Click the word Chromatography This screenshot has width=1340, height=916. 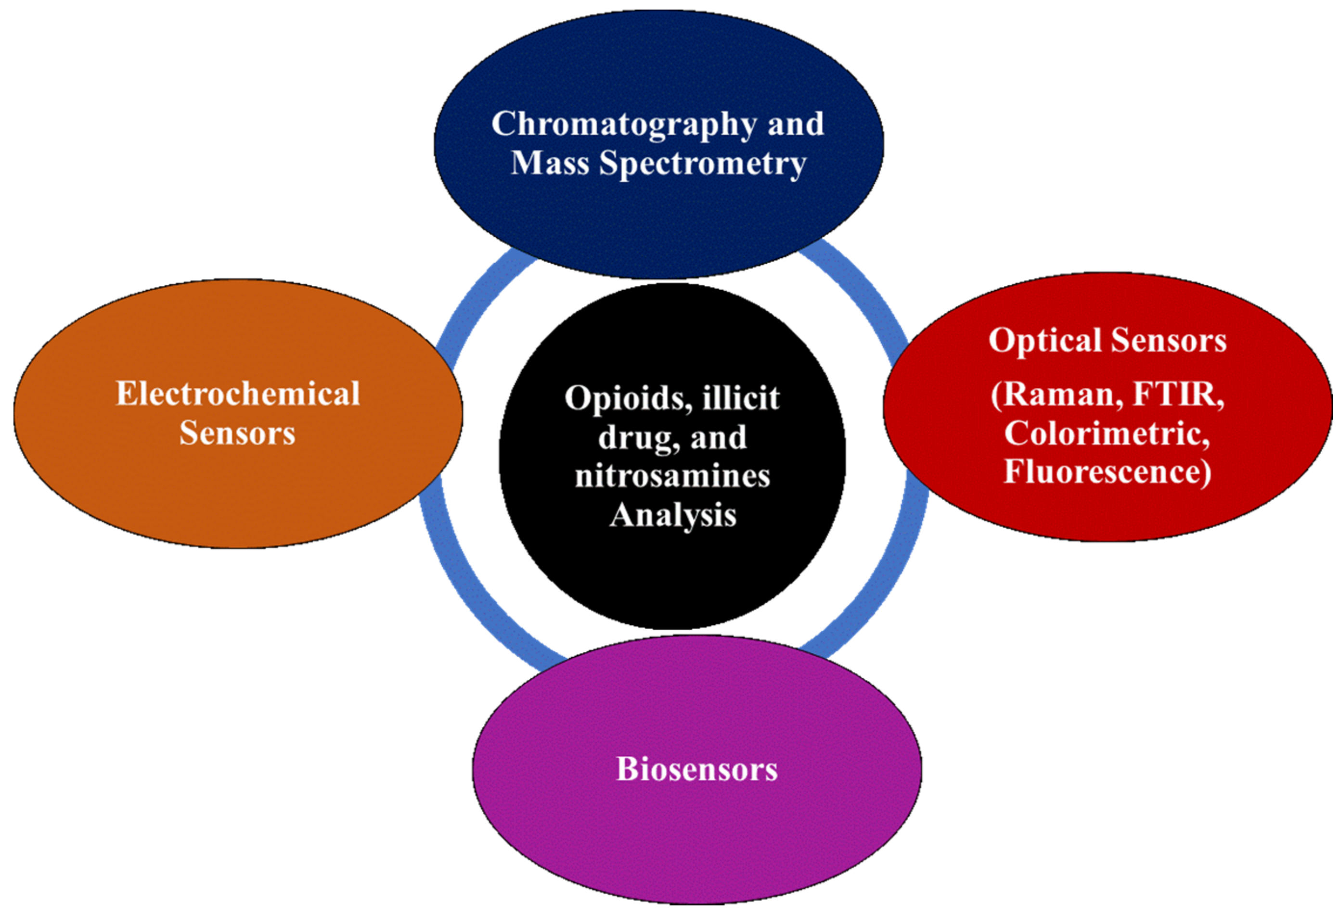pyautogui.click(x=623, y=125)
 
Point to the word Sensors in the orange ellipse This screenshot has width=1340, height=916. pyautogui.click(x=237, y=433)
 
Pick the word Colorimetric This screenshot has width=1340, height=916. pyautogui.click(x=1107, y=433)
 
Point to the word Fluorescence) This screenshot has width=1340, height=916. pyautogui.click(x=1107, y=472)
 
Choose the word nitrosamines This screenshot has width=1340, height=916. pyautogui.click(x=672, y=476)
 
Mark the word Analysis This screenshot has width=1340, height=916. pyautogui.click(x=673, y=515)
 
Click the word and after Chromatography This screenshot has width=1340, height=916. pyautogui.click(x=795, y=125)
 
